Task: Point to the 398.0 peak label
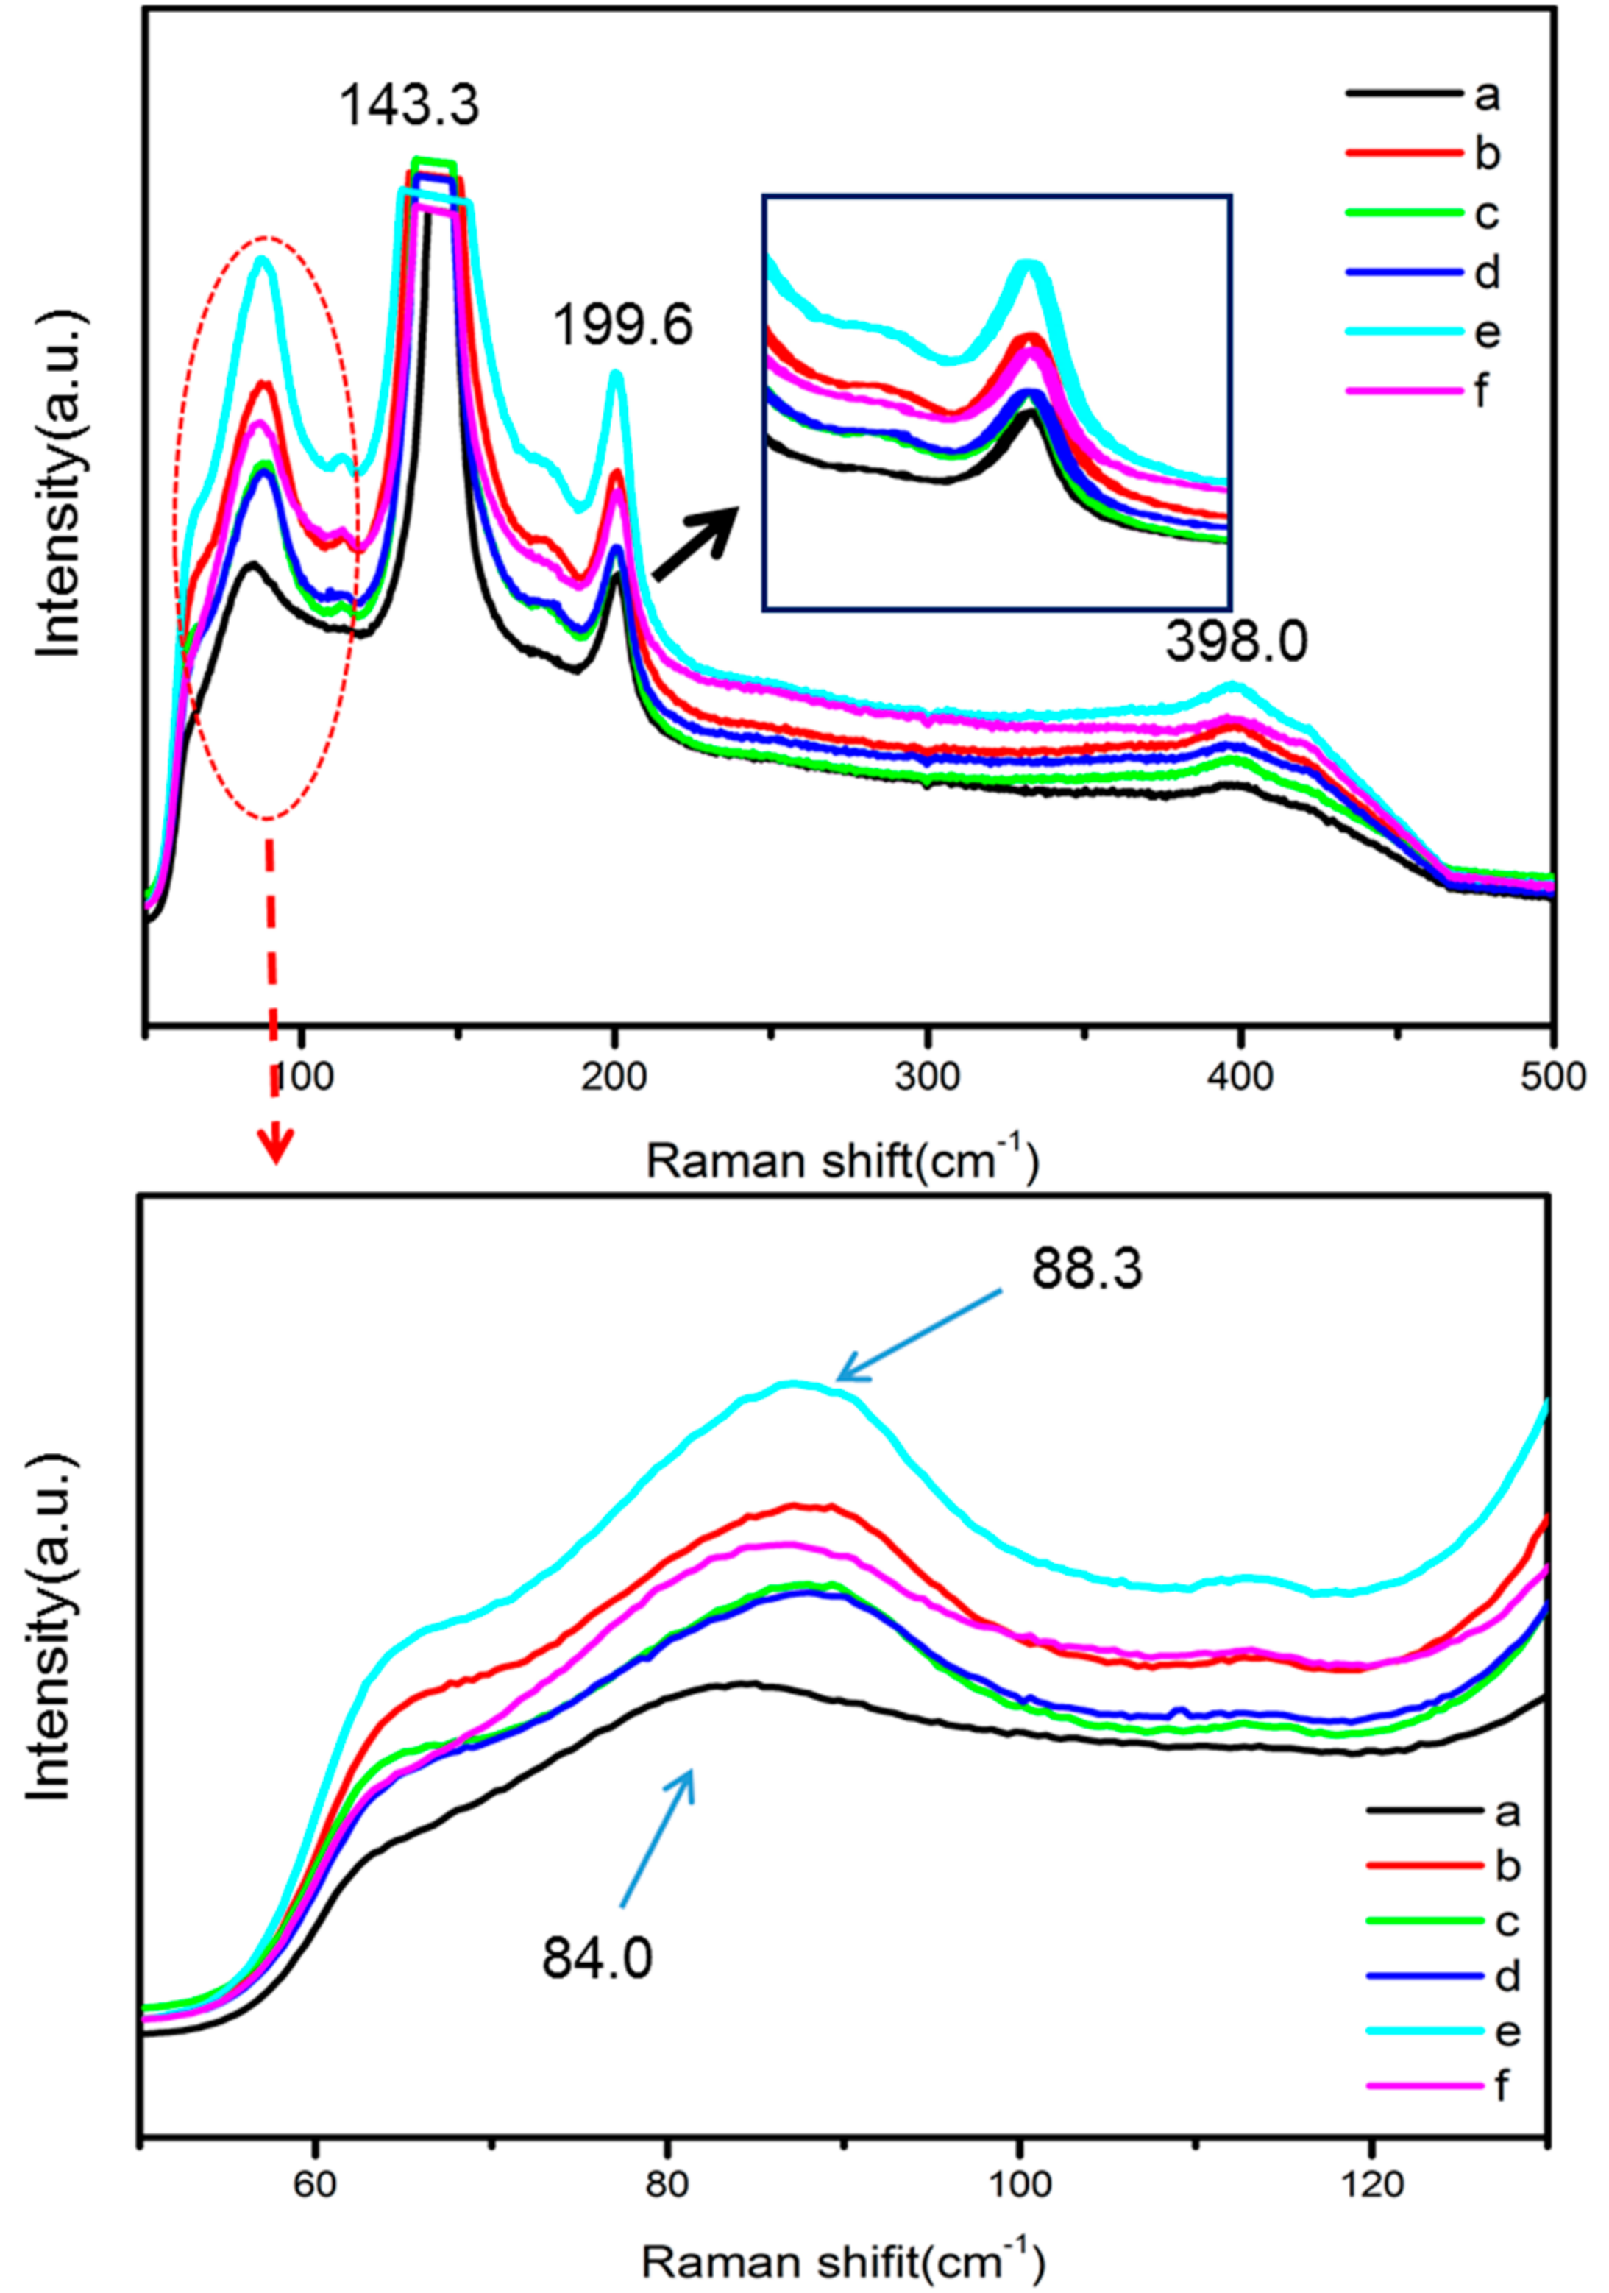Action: pos(1235,642)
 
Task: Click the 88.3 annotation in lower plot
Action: pos(1087,1269)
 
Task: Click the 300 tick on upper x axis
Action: pos(928,1077)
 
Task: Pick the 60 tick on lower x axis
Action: pos(315,2184)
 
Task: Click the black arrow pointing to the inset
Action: pos(696,542)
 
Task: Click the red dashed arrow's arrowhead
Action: pos(276,1146)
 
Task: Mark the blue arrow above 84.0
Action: pos(657,1835)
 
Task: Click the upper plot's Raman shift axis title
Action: pos(841,1161)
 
